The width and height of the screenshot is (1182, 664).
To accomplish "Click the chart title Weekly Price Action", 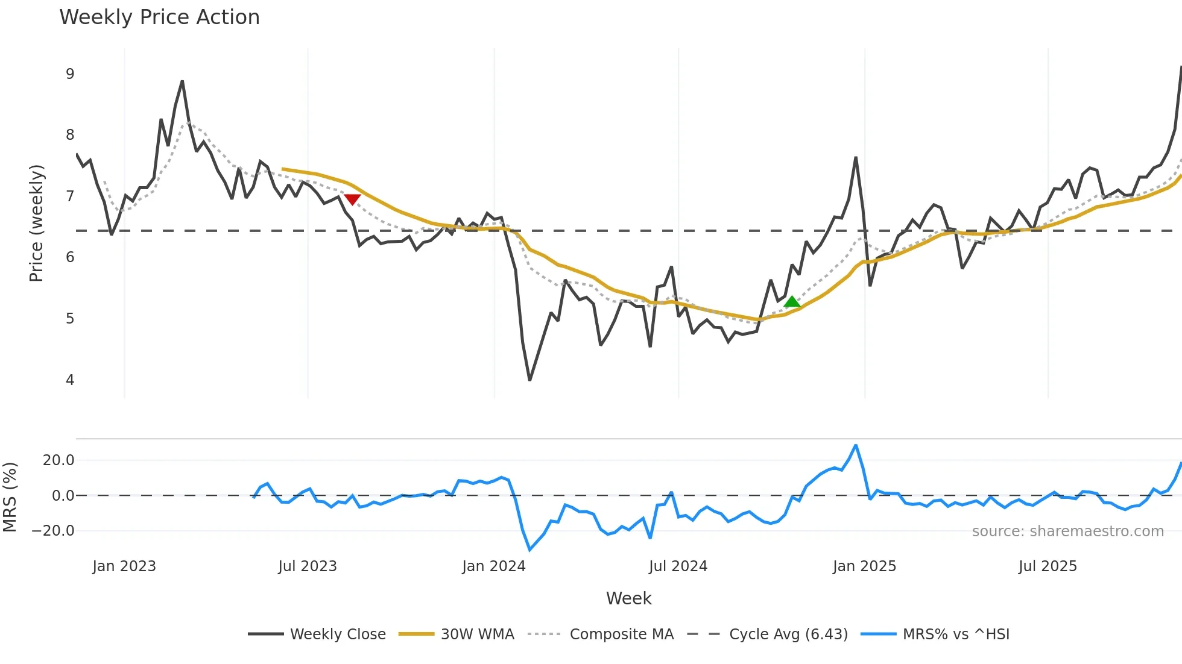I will coord(159,17).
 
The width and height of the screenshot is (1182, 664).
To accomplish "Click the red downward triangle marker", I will coord(352,199).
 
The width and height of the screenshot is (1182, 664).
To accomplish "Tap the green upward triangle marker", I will coord(792,301).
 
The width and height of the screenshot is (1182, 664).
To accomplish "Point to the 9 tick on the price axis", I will coord(70,74).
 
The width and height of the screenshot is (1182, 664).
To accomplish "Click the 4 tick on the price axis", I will coord(70,380).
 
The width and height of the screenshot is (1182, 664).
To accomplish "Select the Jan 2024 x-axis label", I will coord(494,566).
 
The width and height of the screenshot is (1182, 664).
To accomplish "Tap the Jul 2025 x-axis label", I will coord(1048,566).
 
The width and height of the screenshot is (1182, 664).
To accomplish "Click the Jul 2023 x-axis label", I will coord(308,566).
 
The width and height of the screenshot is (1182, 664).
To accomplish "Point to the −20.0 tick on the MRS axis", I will coord(53,531).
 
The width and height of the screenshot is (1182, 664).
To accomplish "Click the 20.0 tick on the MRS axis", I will coord(58,460).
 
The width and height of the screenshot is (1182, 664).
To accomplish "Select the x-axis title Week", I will coord(628,598).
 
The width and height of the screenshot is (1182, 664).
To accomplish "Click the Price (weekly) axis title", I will coord(36,223).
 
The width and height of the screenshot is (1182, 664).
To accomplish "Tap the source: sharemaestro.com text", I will coord(1067,531).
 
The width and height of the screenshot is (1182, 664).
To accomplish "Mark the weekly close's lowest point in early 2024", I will coord(529,380).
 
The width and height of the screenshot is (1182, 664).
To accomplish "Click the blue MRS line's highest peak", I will coord(855,446).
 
